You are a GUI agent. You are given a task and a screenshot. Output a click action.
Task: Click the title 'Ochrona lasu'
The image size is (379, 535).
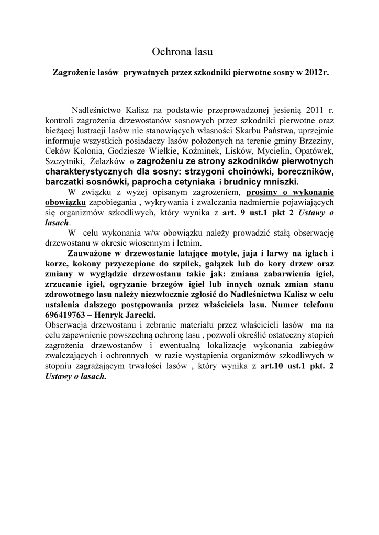(x=183, y=51)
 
